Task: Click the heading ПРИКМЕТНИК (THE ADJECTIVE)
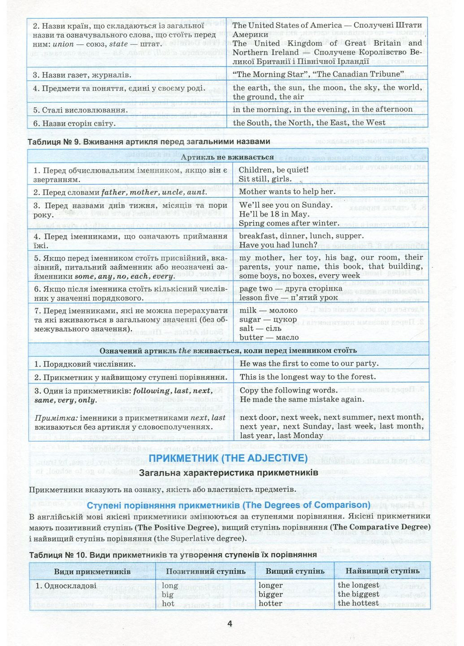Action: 228,458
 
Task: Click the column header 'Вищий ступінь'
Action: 295,571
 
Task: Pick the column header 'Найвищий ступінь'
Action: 382,571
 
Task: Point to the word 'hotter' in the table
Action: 270,603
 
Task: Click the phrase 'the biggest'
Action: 358,594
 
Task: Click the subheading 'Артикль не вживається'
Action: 227,157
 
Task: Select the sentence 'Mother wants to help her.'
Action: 287,192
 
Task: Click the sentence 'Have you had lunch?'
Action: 278,245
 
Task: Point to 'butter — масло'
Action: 269,337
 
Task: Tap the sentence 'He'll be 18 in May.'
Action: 274,214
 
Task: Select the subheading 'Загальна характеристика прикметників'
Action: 228,473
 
